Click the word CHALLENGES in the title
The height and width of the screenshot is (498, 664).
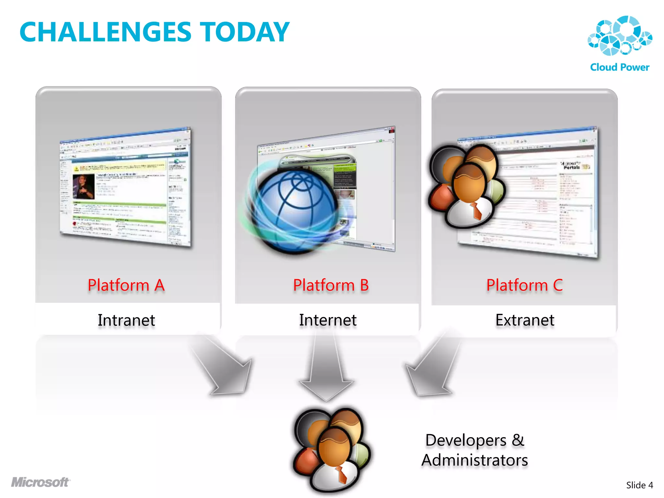click(105, 32)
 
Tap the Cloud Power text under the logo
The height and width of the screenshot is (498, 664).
click(620, 67)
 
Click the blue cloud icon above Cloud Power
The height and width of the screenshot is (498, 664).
click(620, 36)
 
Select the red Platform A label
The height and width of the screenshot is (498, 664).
click(126, 285)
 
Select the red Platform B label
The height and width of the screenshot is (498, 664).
click(331, 285)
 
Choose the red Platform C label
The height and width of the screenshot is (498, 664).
click(524, 285)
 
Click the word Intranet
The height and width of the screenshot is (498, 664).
click(126, 320)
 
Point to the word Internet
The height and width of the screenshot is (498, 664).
click(328, 320)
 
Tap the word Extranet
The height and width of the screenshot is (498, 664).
click(525, 320)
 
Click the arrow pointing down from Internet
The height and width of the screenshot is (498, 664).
click(326, 370)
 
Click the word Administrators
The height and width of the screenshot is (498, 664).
click(474, 460)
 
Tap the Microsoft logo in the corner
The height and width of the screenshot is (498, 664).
click(41, 482)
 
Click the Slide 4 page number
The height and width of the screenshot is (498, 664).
click(639, 485)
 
